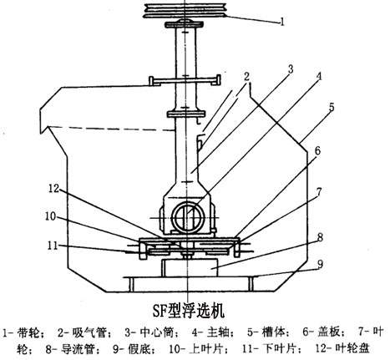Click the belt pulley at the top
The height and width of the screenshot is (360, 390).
pyautogui.click(x=185, y=11)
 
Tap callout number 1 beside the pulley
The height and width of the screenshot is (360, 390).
pyautogui.click(x=282, y=22)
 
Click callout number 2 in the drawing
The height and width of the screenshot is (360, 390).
pyautogui.click(x=246, y=77)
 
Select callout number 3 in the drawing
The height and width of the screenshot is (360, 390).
pyautogui.click(x=291, y=69)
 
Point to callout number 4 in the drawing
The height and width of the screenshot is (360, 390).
pyautogui.click(x=319, y=76)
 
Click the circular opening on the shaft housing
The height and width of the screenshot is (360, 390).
pyautogui.click(x=188, y=217)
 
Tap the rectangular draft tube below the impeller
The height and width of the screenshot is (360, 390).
pyautogui.click(x=189, y=268)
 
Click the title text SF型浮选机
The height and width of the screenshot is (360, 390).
pyautogui.click(x=189, y=311)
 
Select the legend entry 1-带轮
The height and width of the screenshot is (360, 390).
pyautogui.click(x=23, y=332)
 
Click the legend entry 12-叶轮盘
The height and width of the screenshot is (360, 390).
pyautogui.click(x=342, y=348)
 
